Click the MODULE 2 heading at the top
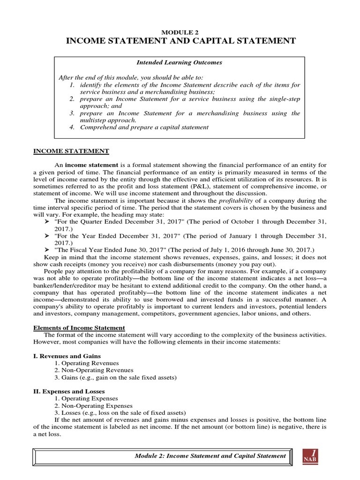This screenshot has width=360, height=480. (180, 31)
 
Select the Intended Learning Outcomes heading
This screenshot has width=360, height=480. (180, 62)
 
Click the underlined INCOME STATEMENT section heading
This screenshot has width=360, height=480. (70, 151)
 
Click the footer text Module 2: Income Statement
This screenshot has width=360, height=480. (210, 456)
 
